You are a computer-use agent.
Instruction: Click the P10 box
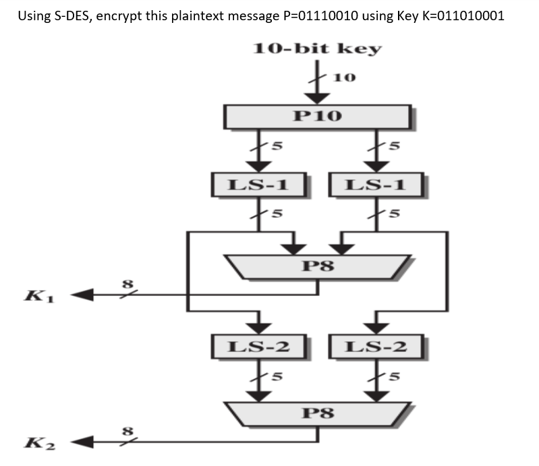tap(318, 116)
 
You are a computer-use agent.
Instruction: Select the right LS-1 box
tap(376, 184)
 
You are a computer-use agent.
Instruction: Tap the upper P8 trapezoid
tap(318, 266)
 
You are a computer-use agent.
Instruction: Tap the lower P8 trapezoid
tap(318, 412)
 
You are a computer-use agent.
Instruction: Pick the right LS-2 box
tap(376, 347)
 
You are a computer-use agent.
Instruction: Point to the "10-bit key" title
tap(317, 49)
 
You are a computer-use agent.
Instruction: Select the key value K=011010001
tap(460, 16)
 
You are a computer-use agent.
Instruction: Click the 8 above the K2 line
tap(124, 432)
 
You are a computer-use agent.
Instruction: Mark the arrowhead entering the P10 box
tap(318, 98)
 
